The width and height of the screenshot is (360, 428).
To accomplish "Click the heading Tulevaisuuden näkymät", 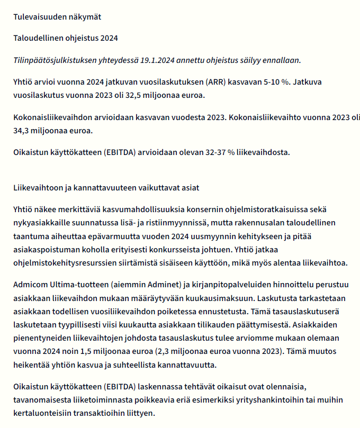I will [57, 16].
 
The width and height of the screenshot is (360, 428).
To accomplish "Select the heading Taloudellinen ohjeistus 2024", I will [66, 38].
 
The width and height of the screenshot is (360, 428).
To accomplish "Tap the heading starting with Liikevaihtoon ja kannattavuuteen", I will [106, 188].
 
